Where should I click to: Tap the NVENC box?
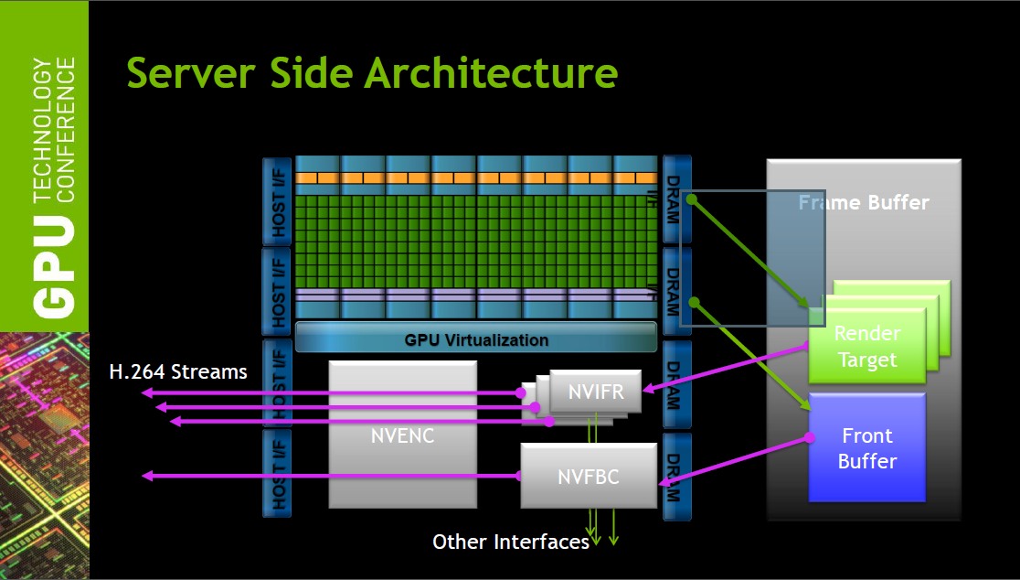[402, 435]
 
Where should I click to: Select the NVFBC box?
[589, 476]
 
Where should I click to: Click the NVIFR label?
[596, 392]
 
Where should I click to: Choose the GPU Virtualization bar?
[476, 339]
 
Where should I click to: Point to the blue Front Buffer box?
[866, 448]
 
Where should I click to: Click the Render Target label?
[867, 347]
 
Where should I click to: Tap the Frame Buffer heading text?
[864, 202]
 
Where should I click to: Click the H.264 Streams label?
[178, 371]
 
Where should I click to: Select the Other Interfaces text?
[511, 542]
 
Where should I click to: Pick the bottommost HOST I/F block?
[278, 474]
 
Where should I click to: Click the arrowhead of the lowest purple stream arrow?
[145, 476]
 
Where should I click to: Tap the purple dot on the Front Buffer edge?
[810, 437]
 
